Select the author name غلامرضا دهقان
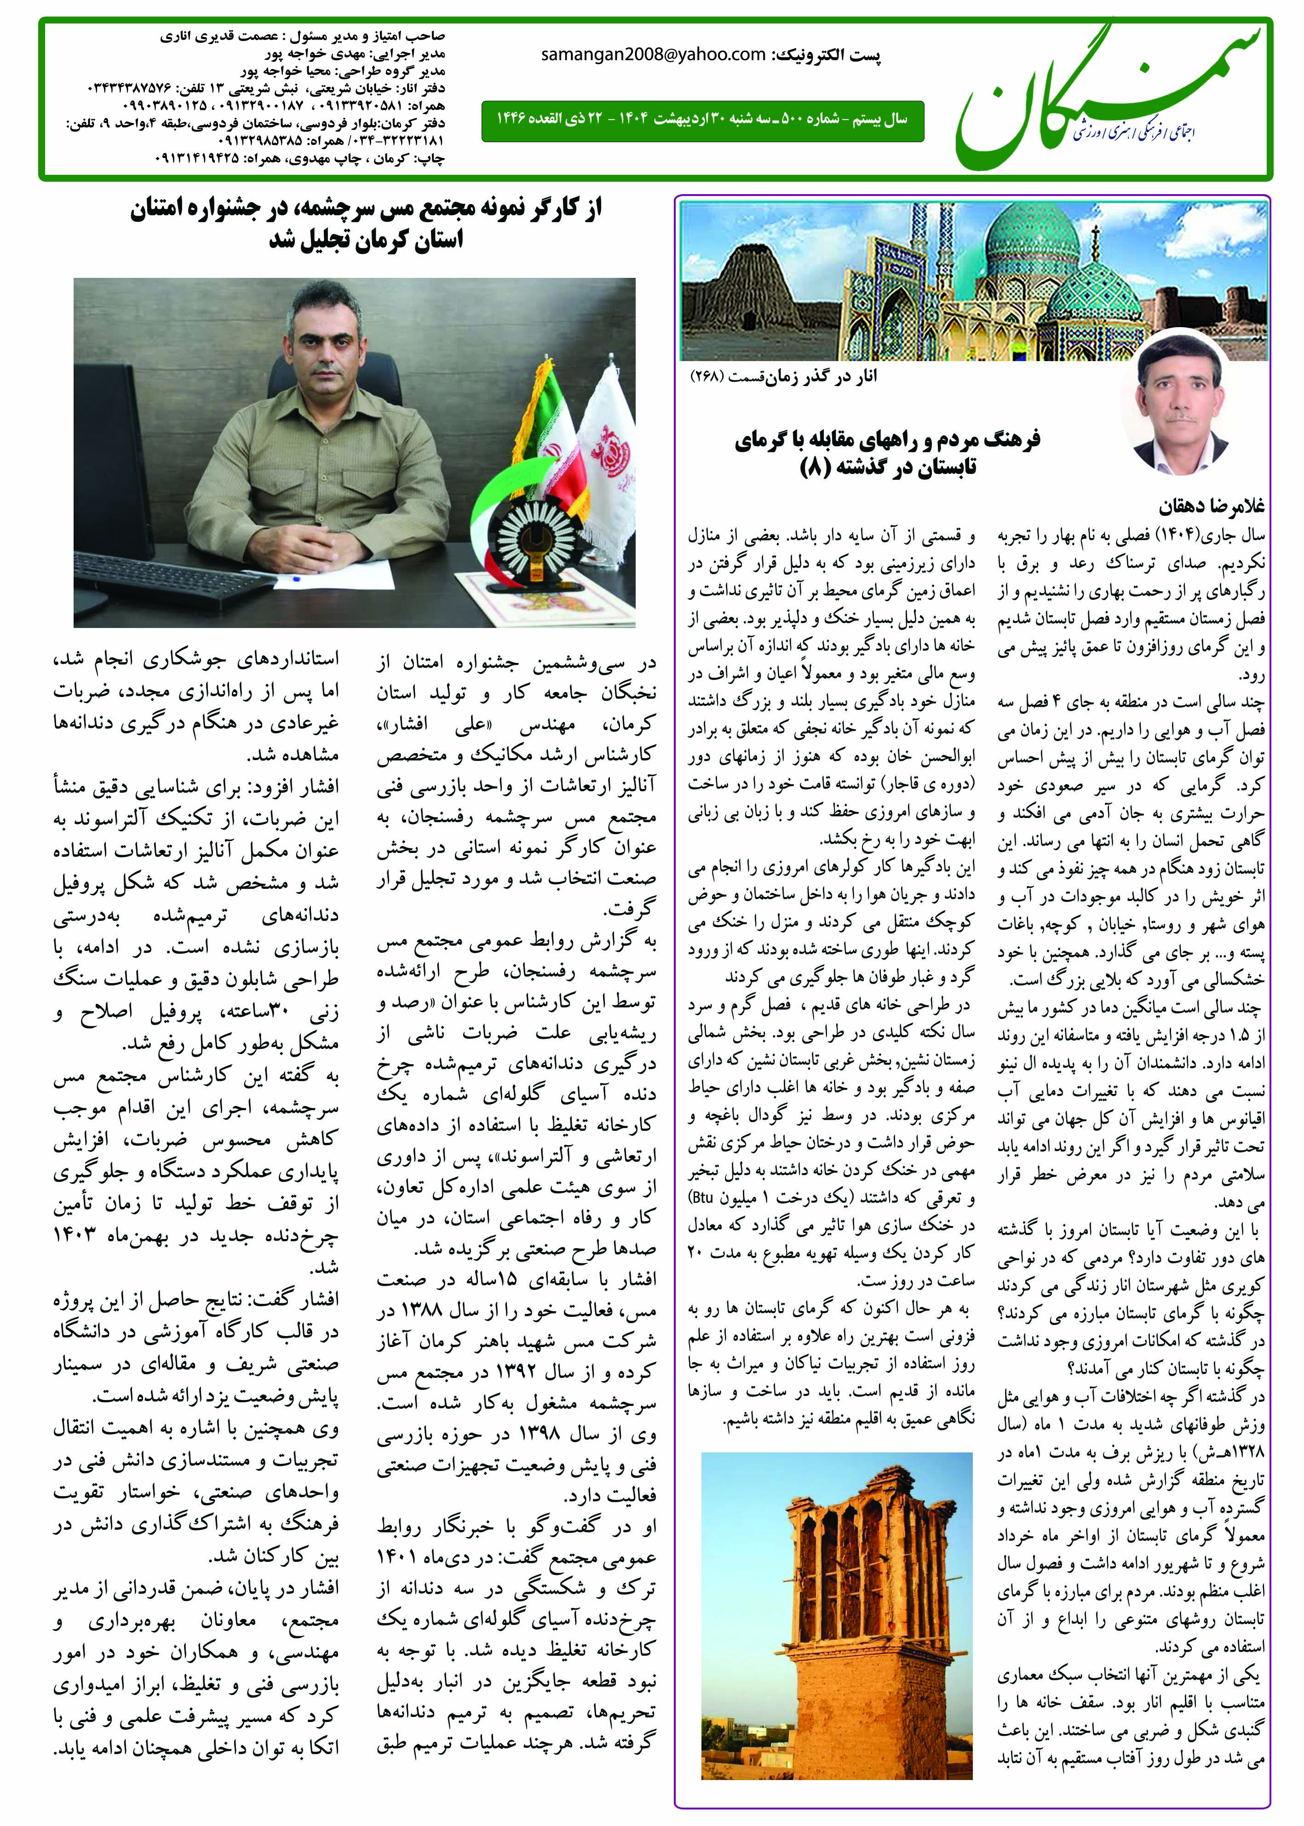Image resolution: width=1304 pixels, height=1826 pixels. click(1211, 507)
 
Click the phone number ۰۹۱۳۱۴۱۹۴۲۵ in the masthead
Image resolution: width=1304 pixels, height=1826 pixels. click(201, 160)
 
